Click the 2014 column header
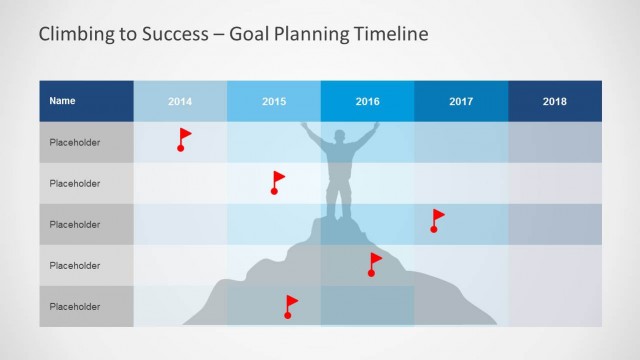click(180, 102)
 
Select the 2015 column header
click(274, 102)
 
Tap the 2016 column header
click(367, 102)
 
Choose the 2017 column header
click(461, 102)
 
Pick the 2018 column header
click(555, 102)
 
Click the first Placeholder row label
click(75, 143)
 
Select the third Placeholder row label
click(75, 225)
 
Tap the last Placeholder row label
click(75, 306)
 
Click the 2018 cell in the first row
click(555, 143)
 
